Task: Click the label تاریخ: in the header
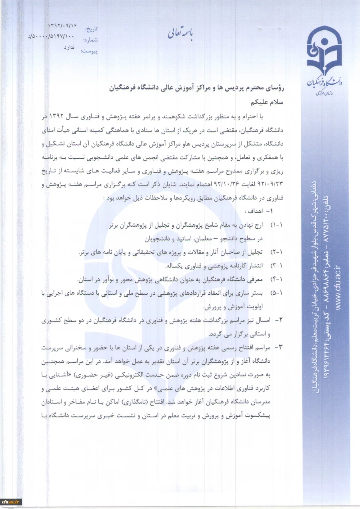click(x=91, y=29)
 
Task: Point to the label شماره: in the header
click(x=90, y=40)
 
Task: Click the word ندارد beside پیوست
click(x=70, y=47)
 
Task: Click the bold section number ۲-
click(x=280, y=320)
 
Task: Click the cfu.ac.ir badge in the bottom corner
click(x=11, y=501)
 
